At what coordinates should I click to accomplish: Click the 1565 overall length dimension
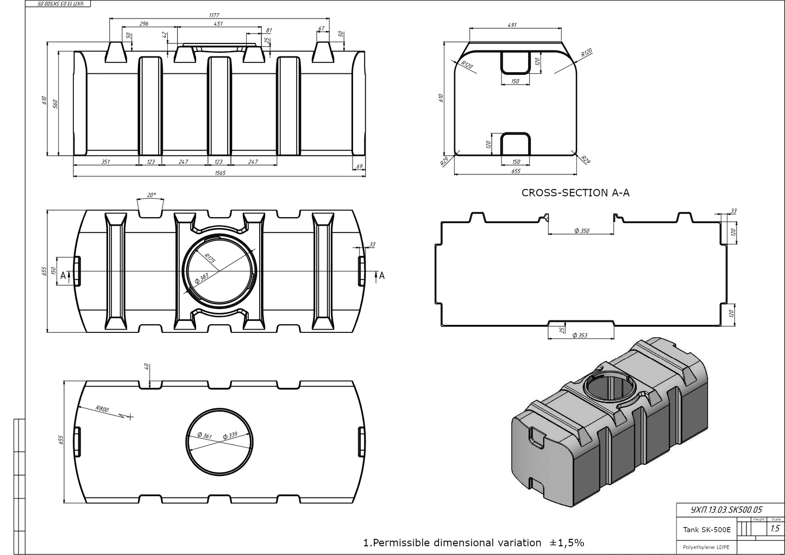[219, 173]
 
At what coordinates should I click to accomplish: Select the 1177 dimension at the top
[214, 15]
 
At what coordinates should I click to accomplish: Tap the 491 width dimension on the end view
[512, 25]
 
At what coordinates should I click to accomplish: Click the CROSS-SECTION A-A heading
[575, 193]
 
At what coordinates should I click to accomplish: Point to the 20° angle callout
[151, 194]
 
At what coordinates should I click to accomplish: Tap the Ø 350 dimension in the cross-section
[581, 231]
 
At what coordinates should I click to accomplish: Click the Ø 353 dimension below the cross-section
[580, 335]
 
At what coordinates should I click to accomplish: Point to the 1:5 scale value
[775, 528]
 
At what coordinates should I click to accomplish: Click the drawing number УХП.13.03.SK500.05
[726, 510]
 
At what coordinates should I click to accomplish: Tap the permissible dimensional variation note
[473, 543]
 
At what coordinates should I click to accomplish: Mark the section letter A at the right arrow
[382, 276]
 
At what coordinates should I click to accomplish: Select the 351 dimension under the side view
[106, 161]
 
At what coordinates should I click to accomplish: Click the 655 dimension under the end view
[516, 171]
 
